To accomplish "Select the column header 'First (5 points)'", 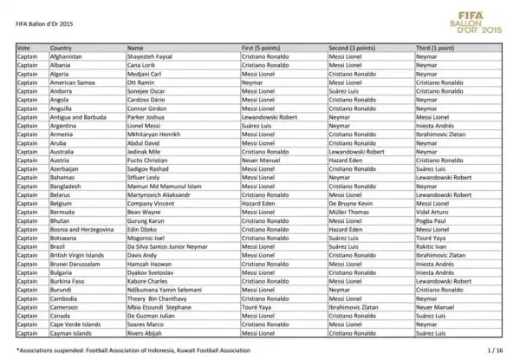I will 261,48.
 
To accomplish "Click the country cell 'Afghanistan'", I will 67,56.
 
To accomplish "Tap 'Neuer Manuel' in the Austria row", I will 260,160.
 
